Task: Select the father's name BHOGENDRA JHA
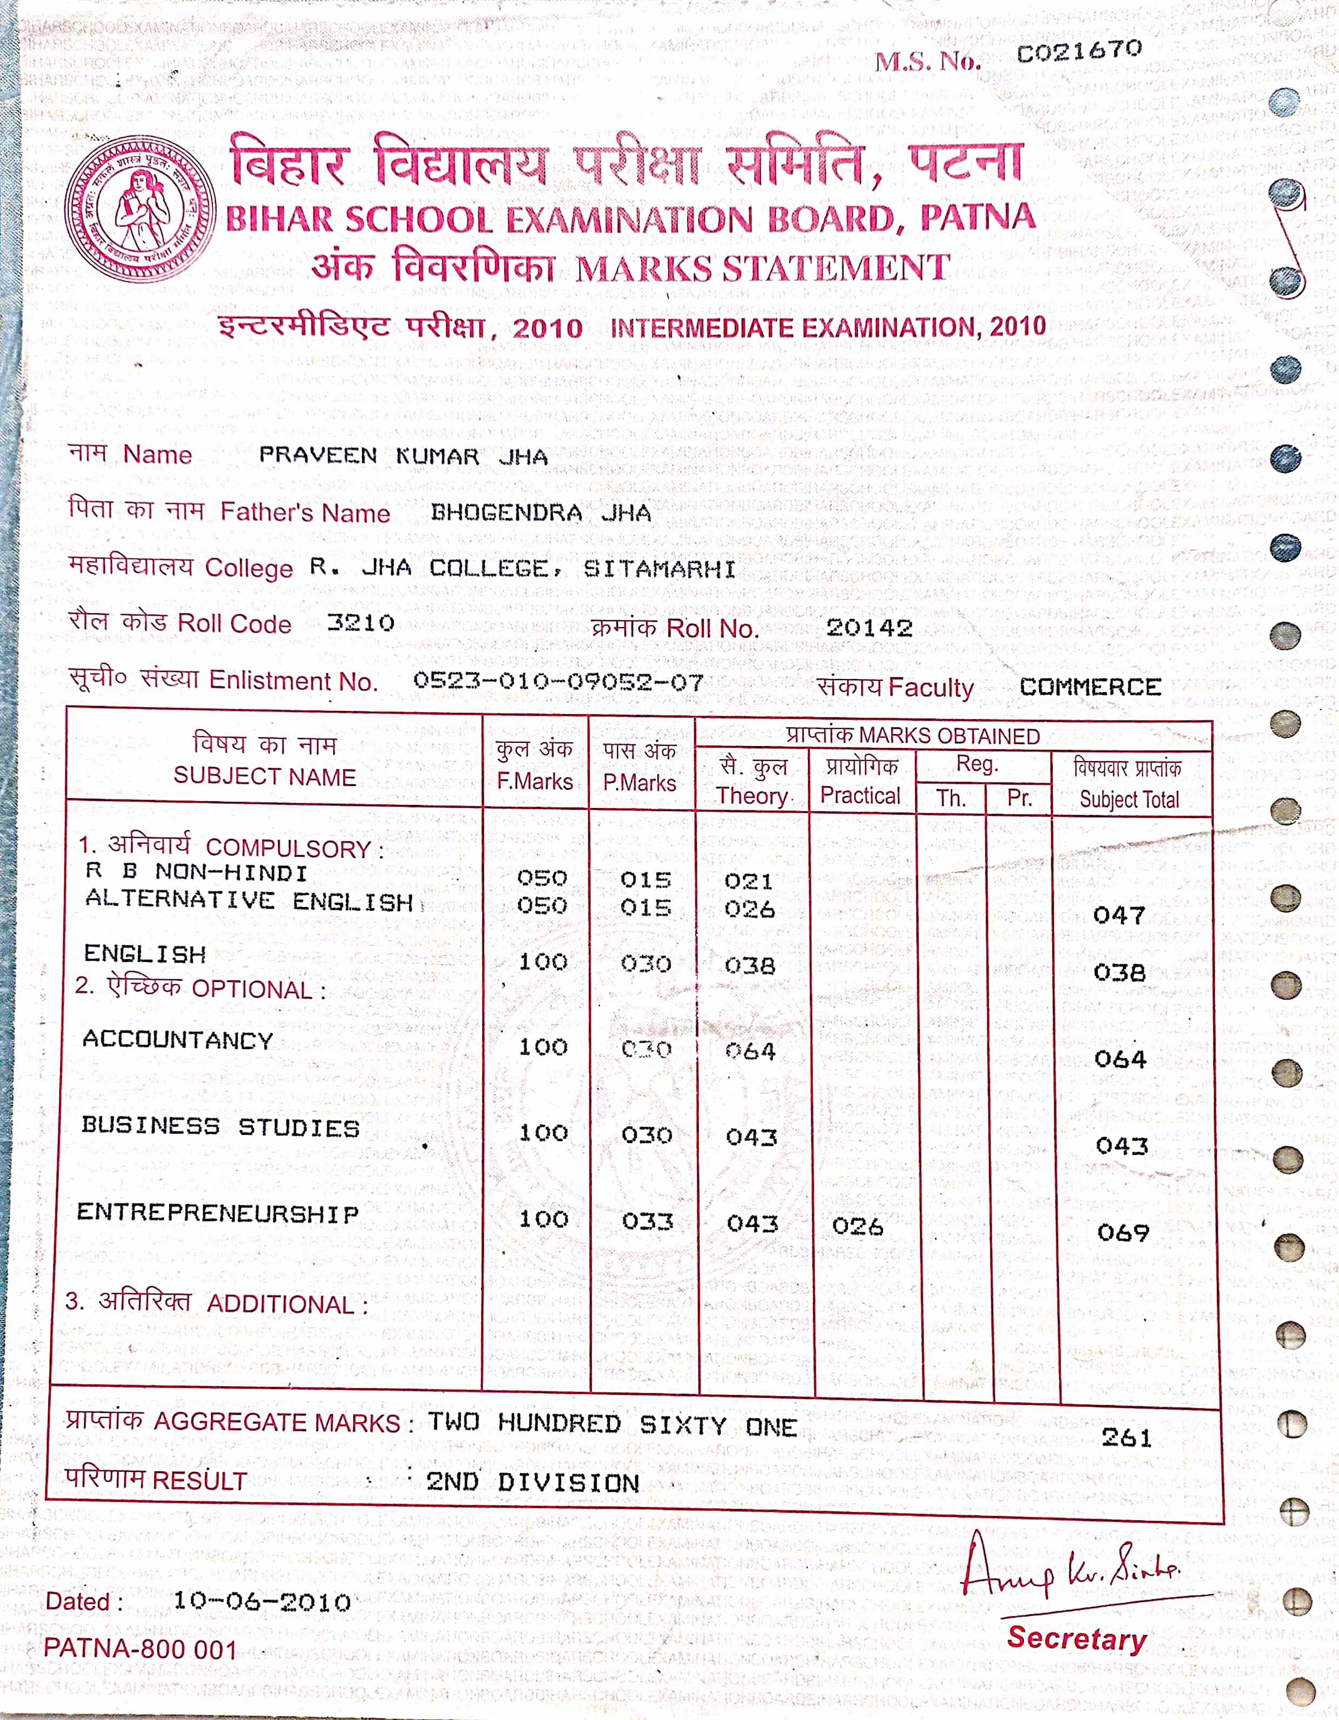pos(540,514)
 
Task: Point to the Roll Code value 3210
pos(361,623)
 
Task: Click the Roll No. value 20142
pos(869,628)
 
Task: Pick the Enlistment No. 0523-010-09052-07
pos(559,681)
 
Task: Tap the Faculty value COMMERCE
pos(1090,687)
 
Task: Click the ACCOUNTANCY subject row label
pos(178,1040)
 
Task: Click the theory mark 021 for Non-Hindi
pos(749,881)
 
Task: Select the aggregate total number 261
pos(1126,1437)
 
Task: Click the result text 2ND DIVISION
pos(533,1483)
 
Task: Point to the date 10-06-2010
pos(261,1601)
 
